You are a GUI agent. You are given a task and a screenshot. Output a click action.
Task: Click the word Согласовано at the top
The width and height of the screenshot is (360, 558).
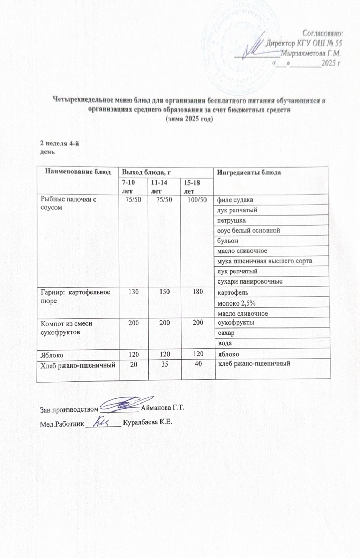pos(323,33)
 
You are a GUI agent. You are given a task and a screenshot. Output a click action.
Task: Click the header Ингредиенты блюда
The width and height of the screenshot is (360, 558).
pos(249,173)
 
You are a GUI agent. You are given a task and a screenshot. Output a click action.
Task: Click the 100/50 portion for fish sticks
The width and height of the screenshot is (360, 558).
pos(197,200)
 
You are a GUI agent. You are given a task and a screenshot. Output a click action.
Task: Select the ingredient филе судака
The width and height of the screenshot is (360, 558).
pos(235,200)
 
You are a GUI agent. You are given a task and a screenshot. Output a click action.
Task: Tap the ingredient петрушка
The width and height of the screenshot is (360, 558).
pos(231,220)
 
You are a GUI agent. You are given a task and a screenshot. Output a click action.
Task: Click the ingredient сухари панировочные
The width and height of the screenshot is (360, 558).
pos(250,281)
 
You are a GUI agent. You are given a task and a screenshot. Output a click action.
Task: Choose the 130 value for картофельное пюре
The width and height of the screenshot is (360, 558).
pos(134,292)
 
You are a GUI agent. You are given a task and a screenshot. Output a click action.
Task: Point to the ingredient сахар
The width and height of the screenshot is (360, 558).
pos(226,333)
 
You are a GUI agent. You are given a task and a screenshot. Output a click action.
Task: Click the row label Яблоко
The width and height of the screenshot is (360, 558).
pos(52,355)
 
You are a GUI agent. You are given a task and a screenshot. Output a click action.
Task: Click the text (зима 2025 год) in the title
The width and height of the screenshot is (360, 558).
pos(188,119)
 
